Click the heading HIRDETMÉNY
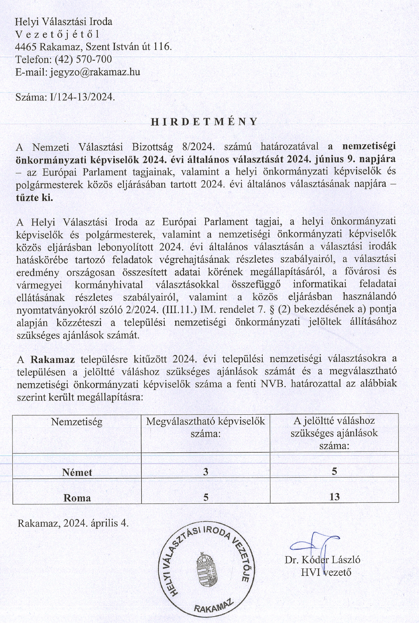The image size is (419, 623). pyautogui.click(x=205, y=122)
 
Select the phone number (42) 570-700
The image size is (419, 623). pyautogui.click(x=83, y=59)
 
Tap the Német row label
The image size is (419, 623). pyautogui.click(x=77, y=472)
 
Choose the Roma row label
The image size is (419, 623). pyautogui.click(x=77, y=498)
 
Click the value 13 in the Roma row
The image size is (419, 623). pyautogui.click(x=334, y=497)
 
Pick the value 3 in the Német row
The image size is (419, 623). pyautogui.click(x=206, y=472)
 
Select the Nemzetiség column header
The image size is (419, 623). pyautogui.click(x=77, y=422)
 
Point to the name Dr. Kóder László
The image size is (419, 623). pyautogui.click(x=322, y=560)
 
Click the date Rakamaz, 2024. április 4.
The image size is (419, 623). pyautogui.click(x=73, y=523)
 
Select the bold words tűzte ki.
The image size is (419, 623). pyautogui.click(x=34, y=198)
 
